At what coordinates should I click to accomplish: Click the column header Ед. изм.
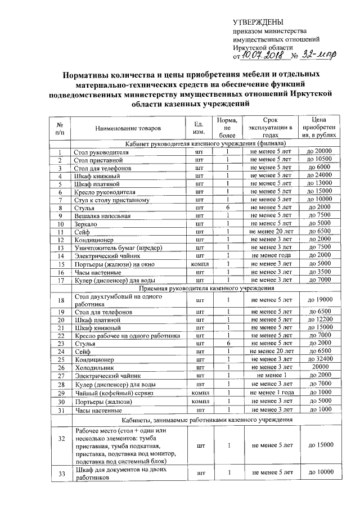(x=198, y=128)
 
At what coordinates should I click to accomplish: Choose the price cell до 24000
(x=320, y=175)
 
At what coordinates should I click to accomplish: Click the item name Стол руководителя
(x=101, y=152)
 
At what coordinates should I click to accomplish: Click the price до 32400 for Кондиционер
(x=320, y=358)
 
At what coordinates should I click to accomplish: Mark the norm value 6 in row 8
(x=228, y=208)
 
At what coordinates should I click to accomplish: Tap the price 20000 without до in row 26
(x=320, y=367)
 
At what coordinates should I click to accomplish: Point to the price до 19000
(x=320, y=299)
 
